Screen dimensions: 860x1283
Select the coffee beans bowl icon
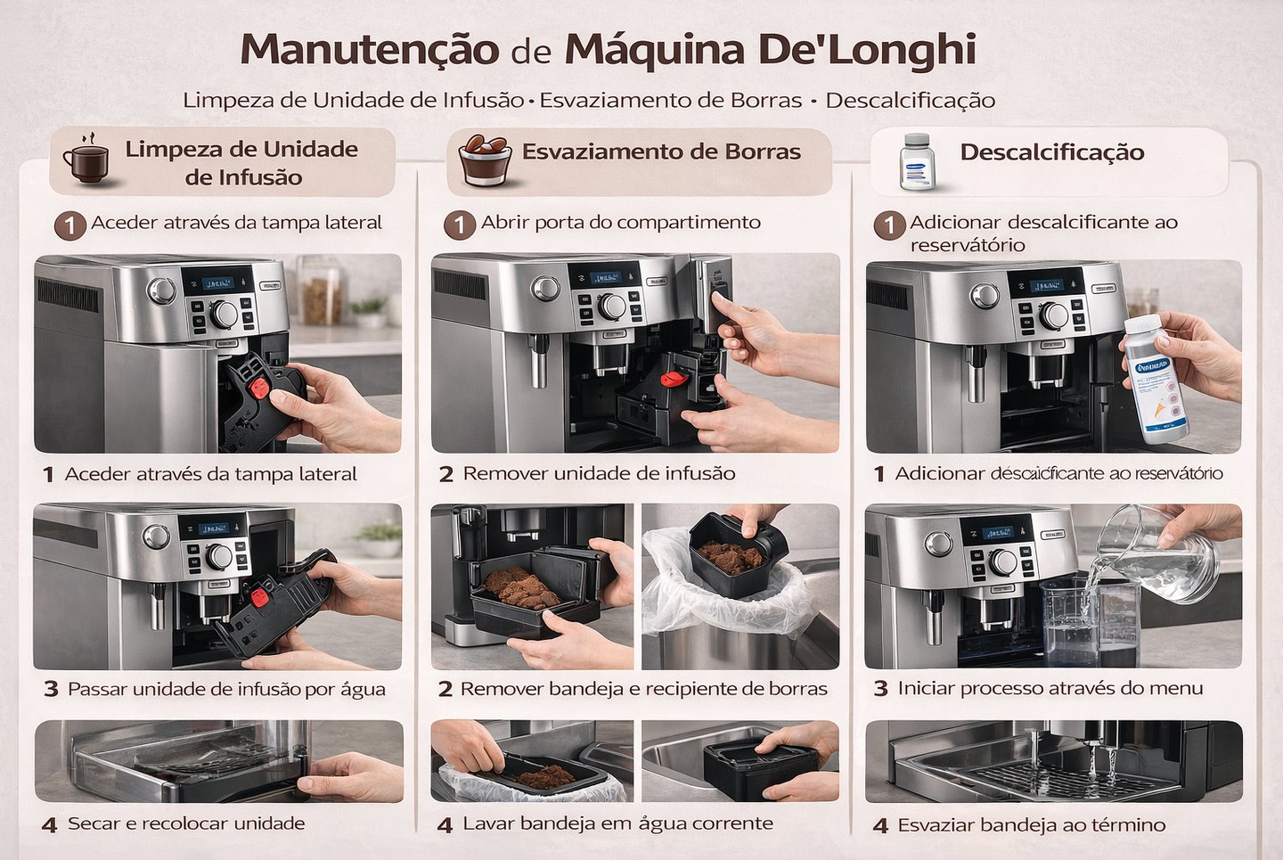pyautogui.click(x=485, y=160)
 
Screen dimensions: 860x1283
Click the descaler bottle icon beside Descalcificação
pyautogui.click(x=916, y=162)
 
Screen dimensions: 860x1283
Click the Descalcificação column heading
pyautogui.click(x=1051, y=152)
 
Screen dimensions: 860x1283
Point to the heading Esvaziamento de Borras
pyautogui.click(x=661, y=152)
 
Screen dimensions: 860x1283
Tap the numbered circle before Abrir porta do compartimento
pyautogui.click(x=460, y=225)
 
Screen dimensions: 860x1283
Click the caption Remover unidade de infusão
pyautogui.click(x=599, y=473)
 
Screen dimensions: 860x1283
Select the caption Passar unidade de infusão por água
pyautogui.click(x=226, y=689)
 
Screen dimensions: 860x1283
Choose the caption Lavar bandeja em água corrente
pyautogui.click(x=617, y=823)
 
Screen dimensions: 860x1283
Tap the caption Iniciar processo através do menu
pyautogui.click(x=1050, y=688)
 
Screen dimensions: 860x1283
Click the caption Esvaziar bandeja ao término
pyautogui.click(x=1031, y=825)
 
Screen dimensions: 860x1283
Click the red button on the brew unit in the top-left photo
pyautogui.click(x=258, y=388)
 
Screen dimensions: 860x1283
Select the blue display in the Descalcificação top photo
pyautogui.click(x=1045, y=286)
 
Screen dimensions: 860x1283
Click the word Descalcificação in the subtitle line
pyautogui.click(x=910, y=100)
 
